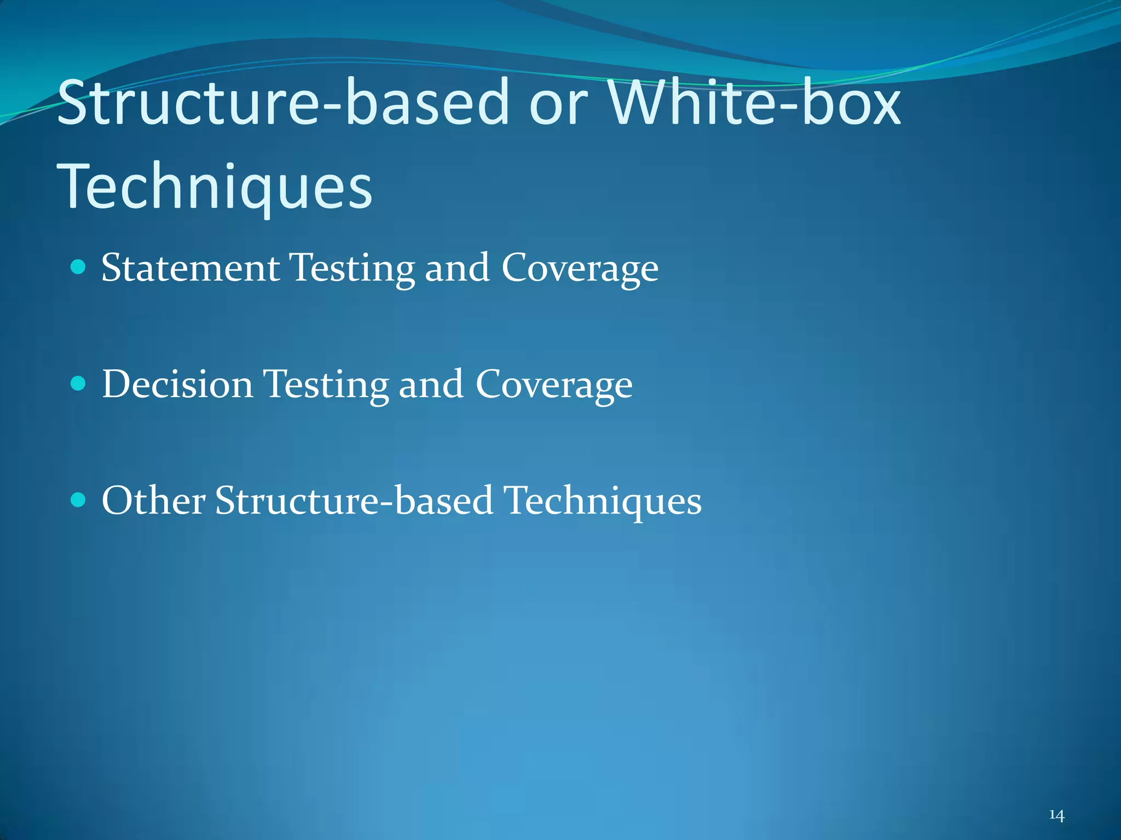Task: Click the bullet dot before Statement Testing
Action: point(79,267)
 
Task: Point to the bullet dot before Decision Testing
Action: point(79,383)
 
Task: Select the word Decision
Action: point(178,384)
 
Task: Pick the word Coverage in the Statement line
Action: point(580,269)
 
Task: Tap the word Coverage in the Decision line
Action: point(554,386)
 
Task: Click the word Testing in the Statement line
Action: point(352,269)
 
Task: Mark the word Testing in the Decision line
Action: point(326,386)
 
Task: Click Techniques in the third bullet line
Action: point(602,501)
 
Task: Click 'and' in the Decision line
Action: point(431,384)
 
